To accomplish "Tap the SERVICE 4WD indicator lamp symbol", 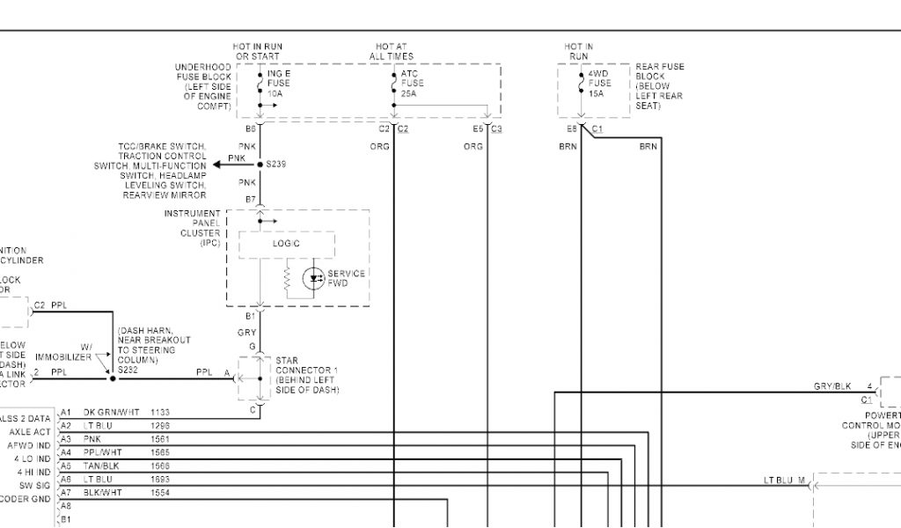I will click(313, 279).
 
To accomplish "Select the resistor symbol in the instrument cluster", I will click(287, 280).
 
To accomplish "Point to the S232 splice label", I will click(128, 370).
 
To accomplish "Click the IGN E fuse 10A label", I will click(278, 84).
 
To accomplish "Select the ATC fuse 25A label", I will click(412, 84).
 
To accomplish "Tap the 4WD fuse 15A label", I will click(599, 84).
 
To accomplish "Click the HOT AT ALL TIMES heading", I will click(392, 51).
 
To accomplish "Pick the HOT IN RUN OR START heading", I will click(258, 51).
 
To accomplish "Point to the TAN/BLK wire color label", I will click(101, 466).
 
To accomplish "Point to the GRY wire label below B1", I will click(247, 333).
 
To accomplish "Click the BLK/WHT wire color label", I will click(102, 492).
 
